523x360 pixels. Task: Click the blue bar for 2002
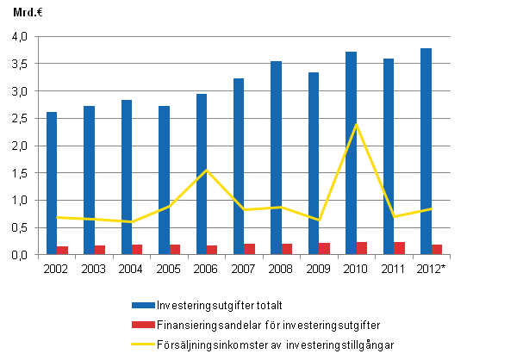coord(52,183)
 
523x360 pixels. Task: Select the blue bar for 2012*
coord(426,151)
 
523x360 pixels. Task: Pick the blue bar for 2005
coord(164,180)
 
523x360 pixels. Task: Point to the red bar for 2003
coord(100,250)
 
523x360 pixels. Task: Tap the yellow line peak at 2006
coord(207,170)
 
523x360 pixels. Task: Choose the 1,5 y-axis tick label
coord(20,173)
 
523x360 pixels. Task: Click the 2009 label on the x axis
coord(319,269)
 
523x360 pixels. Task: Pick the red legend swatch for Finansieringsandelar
coord(143,326)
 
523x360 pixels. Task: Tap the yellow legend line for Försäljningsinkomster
coord(143,345)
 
